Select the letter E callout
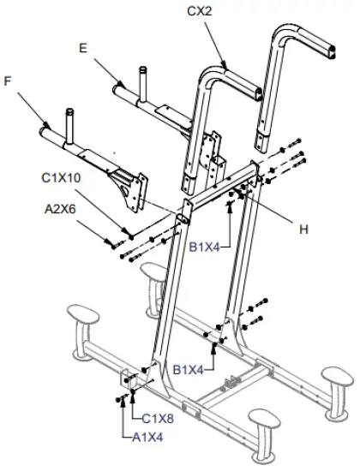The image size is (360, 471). pyautogui.click(x=83, y=49)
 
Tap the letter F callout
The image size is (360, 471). pyautogui.click(x=9, y=81)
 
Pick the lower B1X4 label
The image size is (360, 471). pyautogui.click(x=190, y=370)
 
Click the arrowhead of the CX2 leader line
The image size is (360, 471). pyautogui.click(x=225, y=67)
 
